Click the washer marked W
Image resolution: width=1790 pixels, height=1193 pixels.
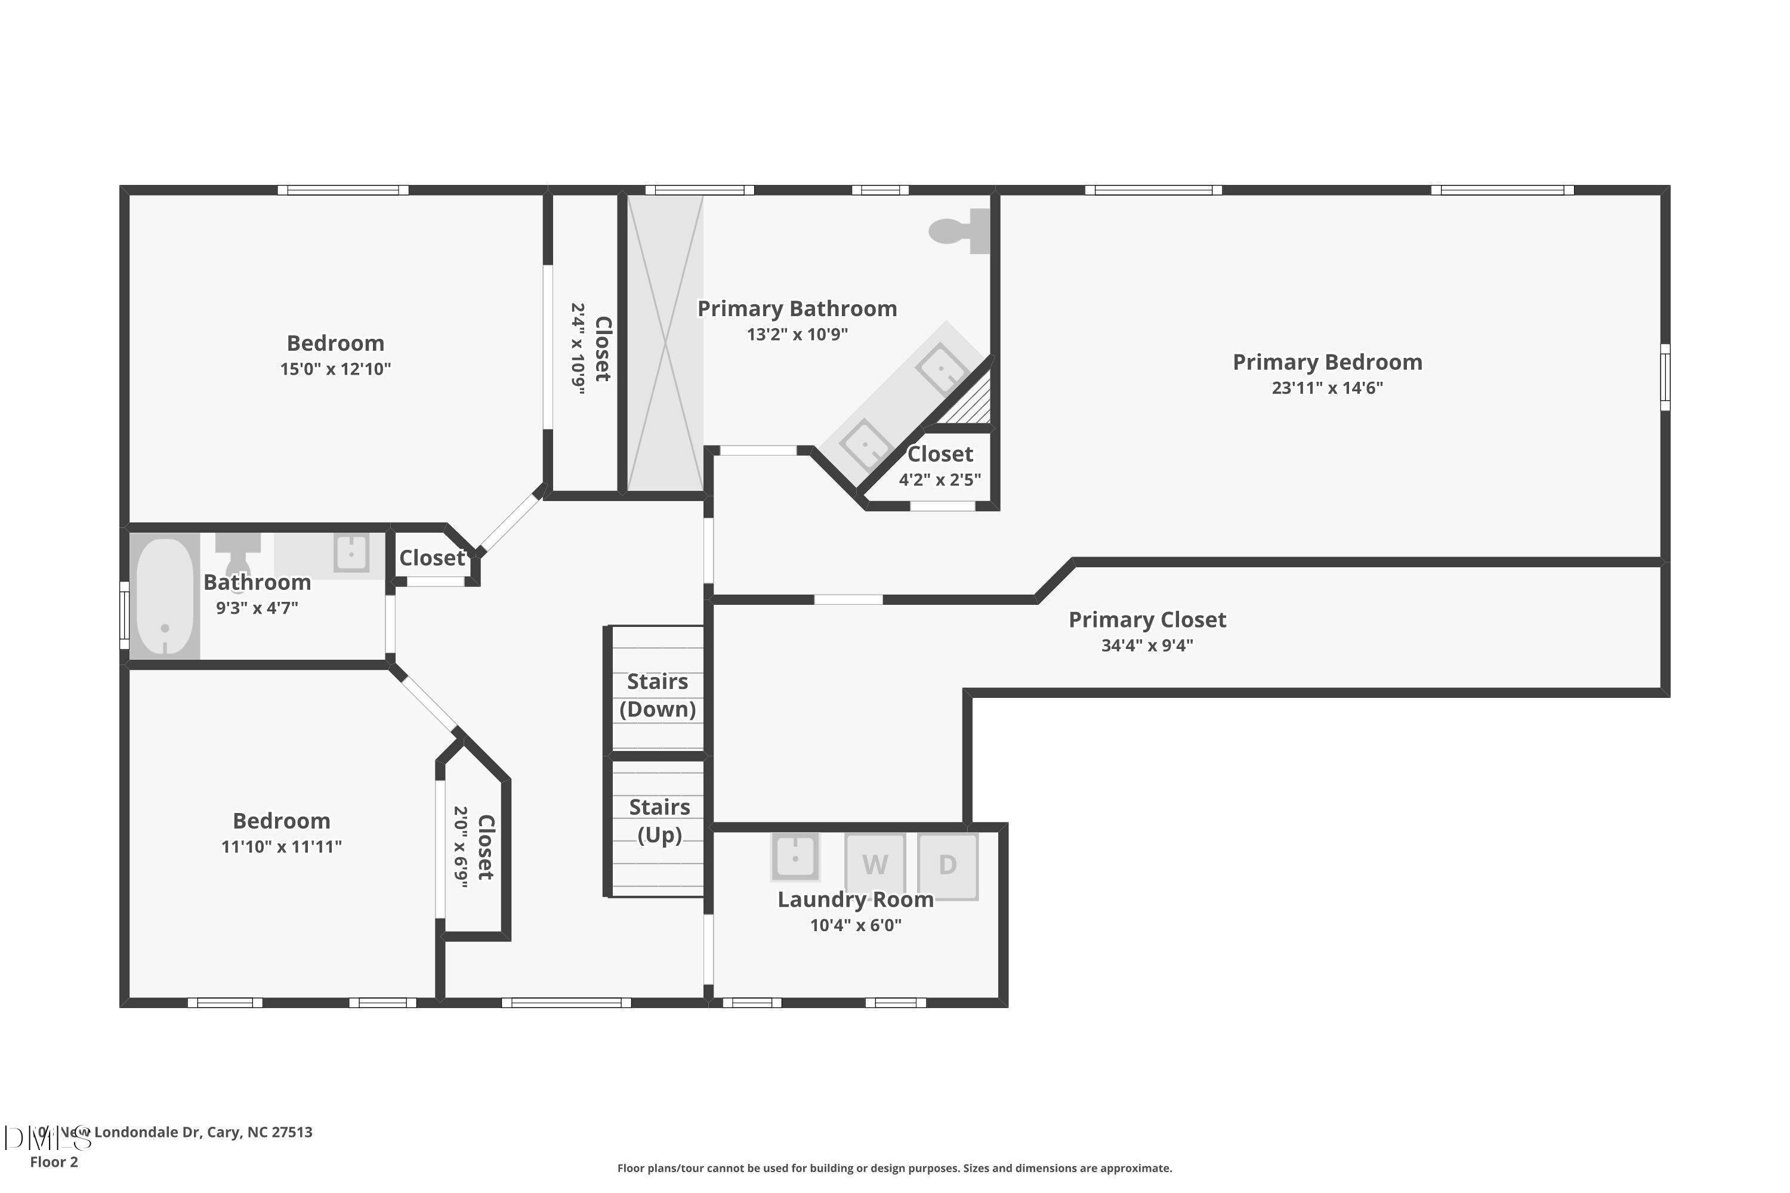pos(875,865)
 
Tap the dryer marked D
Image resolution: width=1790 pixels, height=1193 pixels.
pos(948,865)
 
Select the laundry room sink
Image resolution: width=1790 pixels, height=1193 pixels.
pos(795,857)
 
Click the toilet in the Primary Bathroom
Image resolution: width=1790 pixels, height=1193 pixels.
pos(959,230)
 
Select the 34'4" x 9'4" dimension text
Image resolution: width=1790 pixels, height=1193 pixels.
pos(1147,646)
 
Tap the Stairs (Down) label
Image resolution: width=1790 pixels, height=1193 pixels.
pos(658,696)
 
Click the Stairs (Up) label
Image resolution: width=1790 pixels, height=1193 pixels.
pos(659,821)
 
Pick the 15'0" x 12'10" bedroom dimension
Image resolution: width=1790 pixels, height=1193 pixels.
pos(335,369)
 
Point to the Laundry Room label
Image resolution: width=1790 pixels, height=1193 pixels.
pos(856,900)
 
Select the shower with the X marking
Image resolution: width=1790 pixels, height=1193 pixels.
pos(665,343)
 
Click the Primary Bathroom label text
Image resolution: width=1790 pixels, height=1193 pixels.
pos(797,309)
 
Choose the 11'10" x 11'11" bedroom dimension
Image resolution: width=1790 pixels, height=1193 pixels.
pos(282,847)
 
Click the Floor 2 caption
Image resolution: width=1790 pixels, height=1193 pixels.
pos(54,1162)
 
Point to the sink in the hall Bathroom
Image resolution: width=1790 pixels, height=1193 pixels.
pos(351,553)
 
